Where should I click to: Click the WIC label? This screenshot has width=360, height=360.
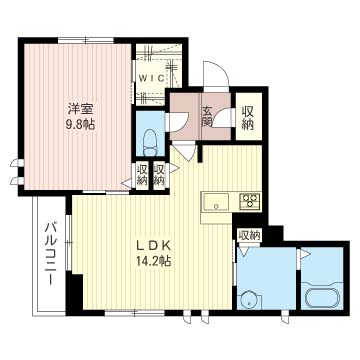pos(151,79)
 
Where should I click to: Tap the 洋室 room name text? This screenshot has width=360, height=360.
pos(81,109)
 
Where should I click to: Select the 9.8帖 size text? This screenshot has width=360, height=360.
pos(81,125)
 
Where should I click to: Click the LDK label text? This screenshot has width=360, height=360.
pos(154,246)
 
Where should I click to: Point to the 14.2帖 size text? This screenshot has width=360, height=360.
pos(154,261)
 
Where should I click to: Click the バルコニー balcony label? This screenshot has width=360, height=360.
pos(51,254)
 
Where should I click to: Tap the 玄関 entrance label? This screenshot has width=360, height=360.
pos(207,117)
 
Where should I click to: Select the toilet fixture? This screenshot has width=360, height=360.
pos(150,143)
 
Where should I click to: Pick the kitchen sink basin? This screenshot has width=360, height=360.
pos(216,202)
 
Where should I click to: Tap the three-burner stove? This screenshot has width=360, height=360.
pos(250,202)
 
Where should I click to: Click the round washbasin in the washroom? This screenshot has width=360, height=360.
pos(249,300)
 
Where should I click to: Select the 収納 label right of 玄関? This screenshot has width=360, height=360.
pos(248,117)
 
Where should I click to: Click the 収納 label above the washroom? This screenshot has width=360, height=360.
pos(249,236)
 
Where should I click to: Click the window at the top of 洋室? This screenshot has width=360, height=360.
pos(86,40)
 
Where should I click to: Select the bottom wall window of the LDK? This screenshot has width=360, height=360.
pos(134,313)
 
